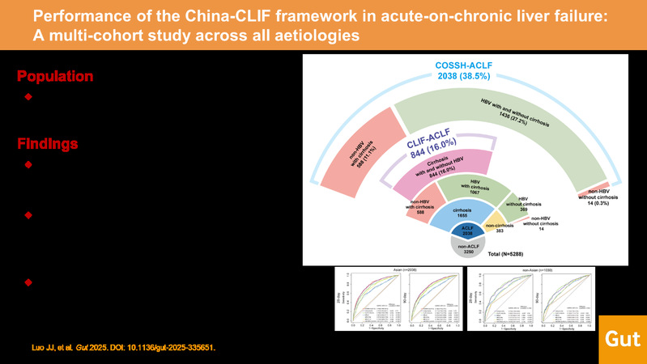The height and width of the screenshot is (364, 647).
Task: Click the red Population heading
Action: [x=55, y=77]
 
